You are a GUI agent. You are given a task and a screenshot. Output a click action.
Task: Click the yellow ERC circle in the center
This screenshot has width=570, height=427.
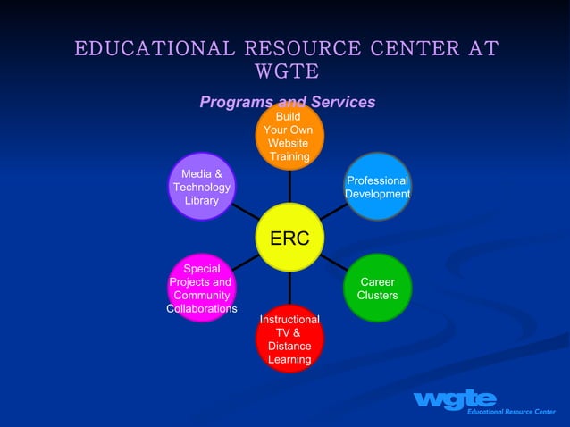click(289, 238)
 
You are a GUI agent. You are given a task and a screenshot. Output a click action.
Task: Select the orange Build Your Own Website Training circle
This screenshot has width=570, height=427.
click(289, 136)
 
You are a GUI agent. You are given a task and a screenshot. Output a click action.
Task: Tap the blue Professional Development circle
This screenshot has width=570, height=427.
click(377, 187)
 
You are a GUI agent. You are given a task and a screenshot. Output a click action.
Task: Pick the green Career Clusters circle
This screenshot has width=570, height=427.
click(377, 288)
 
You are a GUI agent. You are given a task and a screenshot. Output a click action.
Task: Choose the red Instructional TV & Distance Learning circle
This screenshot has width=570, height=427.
click(289, 339)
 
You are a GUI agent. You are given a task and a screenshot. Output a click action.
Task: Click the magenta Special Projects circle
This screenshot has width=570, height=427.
click(202, 288)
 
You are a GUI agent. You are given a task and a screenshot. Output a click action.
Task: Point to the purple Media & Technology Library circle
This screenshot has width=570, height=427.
click(202, 186)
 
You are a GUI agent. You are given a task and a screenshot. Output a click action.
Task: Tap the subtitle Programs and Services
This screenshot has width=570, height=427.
click(287, 102)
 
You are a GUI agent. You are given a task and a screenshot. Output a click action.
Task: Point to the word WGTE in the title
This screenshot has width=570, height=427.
click(287, 71)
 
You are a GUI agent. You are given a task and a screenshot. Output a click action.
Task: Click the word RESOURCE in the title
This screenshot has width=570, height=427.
click(287, 47)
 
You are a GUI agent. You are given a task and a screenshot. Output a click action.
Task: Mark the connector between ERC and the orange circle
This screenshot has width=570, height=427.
click(289, 186)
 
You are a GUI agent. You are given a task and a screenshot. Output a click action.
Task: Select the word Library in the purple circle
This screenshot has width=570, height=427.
click(202, 201)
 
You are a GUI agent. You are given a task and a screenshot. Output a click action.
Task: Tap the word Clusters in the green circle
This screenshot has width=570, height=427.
click(377, 296)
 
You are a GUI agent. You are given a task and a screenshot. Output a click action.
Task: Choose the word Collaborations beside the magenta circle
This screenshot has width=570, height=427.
click(202, 309)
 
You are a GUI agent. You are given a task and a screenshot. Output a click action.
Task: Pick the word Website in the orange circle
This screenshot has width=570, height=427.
click(288, 143)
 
